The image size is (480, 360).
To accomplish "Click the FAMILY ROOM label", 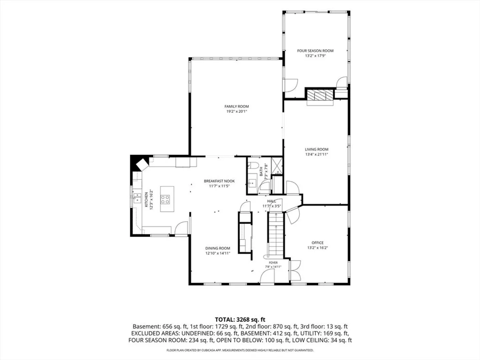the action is point(236,106).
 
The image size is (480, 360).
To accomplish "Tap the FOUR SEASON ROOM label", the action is point(315,51).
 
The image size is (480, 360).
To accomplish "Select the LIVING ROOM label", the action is point(316,149).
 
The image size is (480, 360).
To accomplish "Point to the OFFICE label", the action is point(317,243).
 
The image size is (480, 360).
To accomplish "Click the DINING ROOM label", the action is point(218,248).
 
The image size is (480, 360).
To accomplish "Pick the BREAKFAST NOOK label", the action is point(219,181).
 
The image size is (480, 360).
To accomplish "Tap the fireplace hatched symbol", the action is point(320,95).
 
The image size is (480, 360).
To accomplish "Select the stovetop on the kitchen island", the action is point(165,199).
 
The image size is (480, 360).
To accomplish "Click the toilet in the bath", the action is point(254,165).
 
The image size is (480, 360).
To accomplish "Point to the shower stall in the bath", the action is point(277,166).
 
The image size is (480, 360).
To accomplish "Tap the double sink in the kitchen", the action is point(137,198).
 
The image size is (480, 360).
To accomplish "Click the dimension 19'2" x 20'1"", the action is point(236,111).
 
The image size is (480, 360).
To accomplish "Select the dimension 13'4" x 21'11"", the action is point(316,154).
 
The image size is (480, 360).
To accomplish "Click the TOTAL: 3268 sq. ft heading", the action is point(240,320).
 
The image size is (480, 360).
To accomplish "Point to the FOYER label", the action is point(273,263).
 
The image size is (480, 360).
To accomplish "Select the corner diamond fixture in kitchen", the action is point(142,165).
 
